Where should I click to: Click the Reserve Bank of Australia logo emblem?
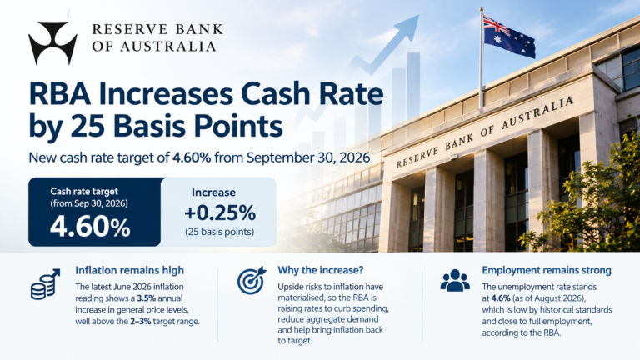(52, 42)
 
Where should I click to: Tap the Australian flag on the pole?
(509, 36)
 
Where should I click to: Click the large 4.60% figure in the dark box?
(90, 227)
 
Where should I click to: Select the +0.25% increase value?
(220, 212)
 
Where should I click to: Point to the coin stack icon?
(45, 283)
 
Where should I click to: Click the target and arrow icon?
(252, 280)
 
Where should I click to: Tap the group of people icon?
(455, 280)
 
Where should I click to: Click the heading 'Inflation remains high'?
(129, 270)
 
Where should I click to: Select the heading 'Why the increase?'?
(320, 270)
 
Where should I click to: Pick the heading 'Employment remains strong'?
(547, 270)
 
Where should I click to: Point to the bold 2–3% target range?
(140, 321)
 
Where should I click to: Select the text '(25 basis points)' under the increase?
(220, 232)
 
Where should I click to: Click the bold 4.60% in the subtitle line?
(192, 157)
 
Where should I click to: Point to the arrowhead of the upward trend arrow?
(409, 25)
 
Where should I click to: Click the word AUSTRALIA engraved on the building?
(537, 112)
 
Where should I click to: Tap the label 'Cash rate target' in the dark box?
(84, 192)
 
